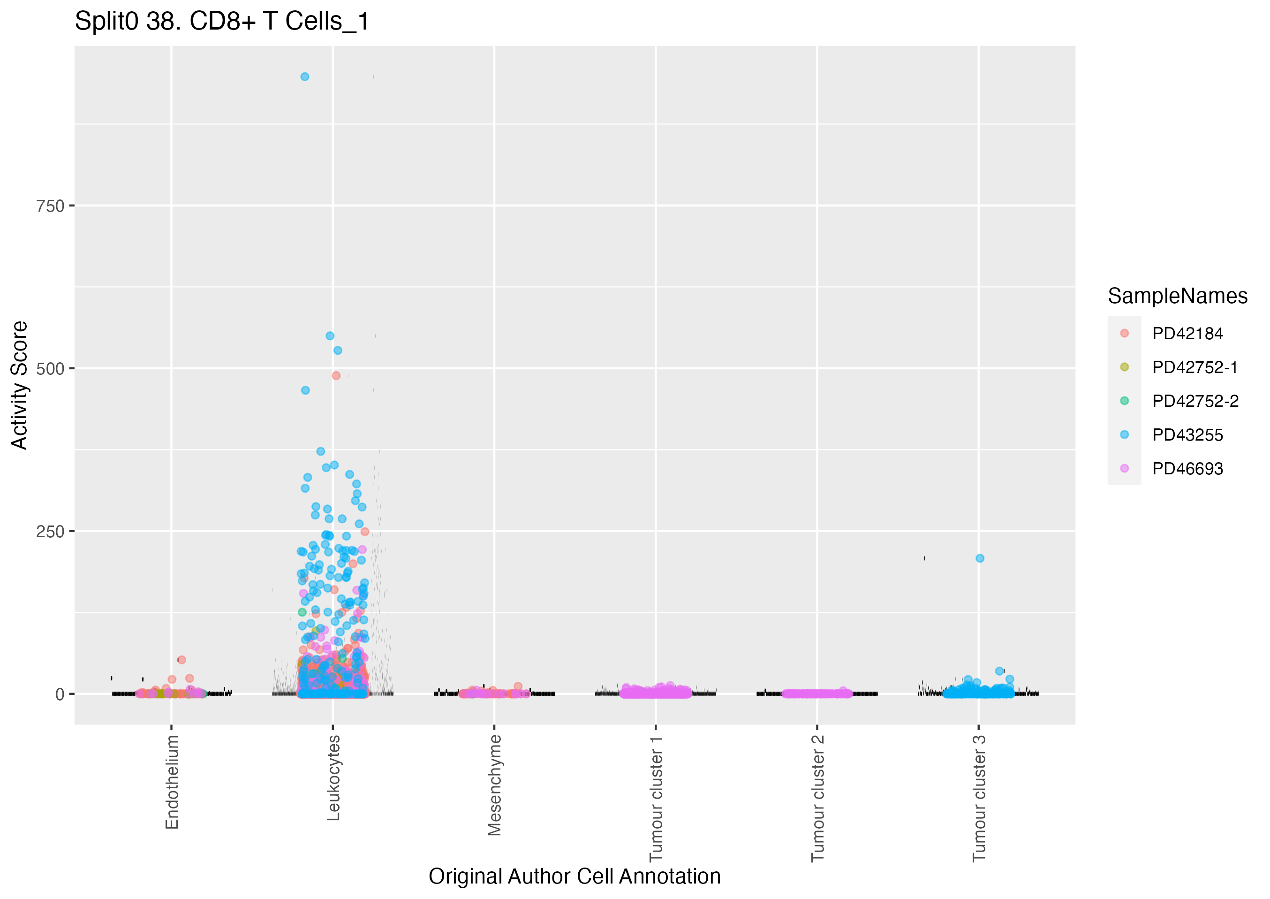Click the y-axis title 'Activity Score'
pos(19,385)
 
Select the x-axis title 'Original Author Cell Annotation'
pos(574,877)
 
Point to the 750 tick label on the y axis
pos(50,206)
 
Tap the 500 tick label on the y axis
pos(50,369)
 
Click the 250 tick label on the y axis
pos(50,532)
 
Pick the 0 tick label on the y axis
pos(60,694)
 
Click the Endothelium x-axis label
pos(172,782)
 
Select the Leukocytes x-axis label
pos(333,777)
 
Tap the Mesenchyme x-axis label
pos(494,785)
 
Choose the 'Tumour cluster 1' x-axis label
pos(656,798)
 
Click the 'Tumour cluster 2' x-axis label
pos(817,798)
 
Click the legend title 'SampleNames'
pos(1177,296)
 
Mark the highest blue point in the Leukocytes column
pos(305,77)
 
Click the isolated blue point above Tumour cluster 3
pos(980,558)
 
